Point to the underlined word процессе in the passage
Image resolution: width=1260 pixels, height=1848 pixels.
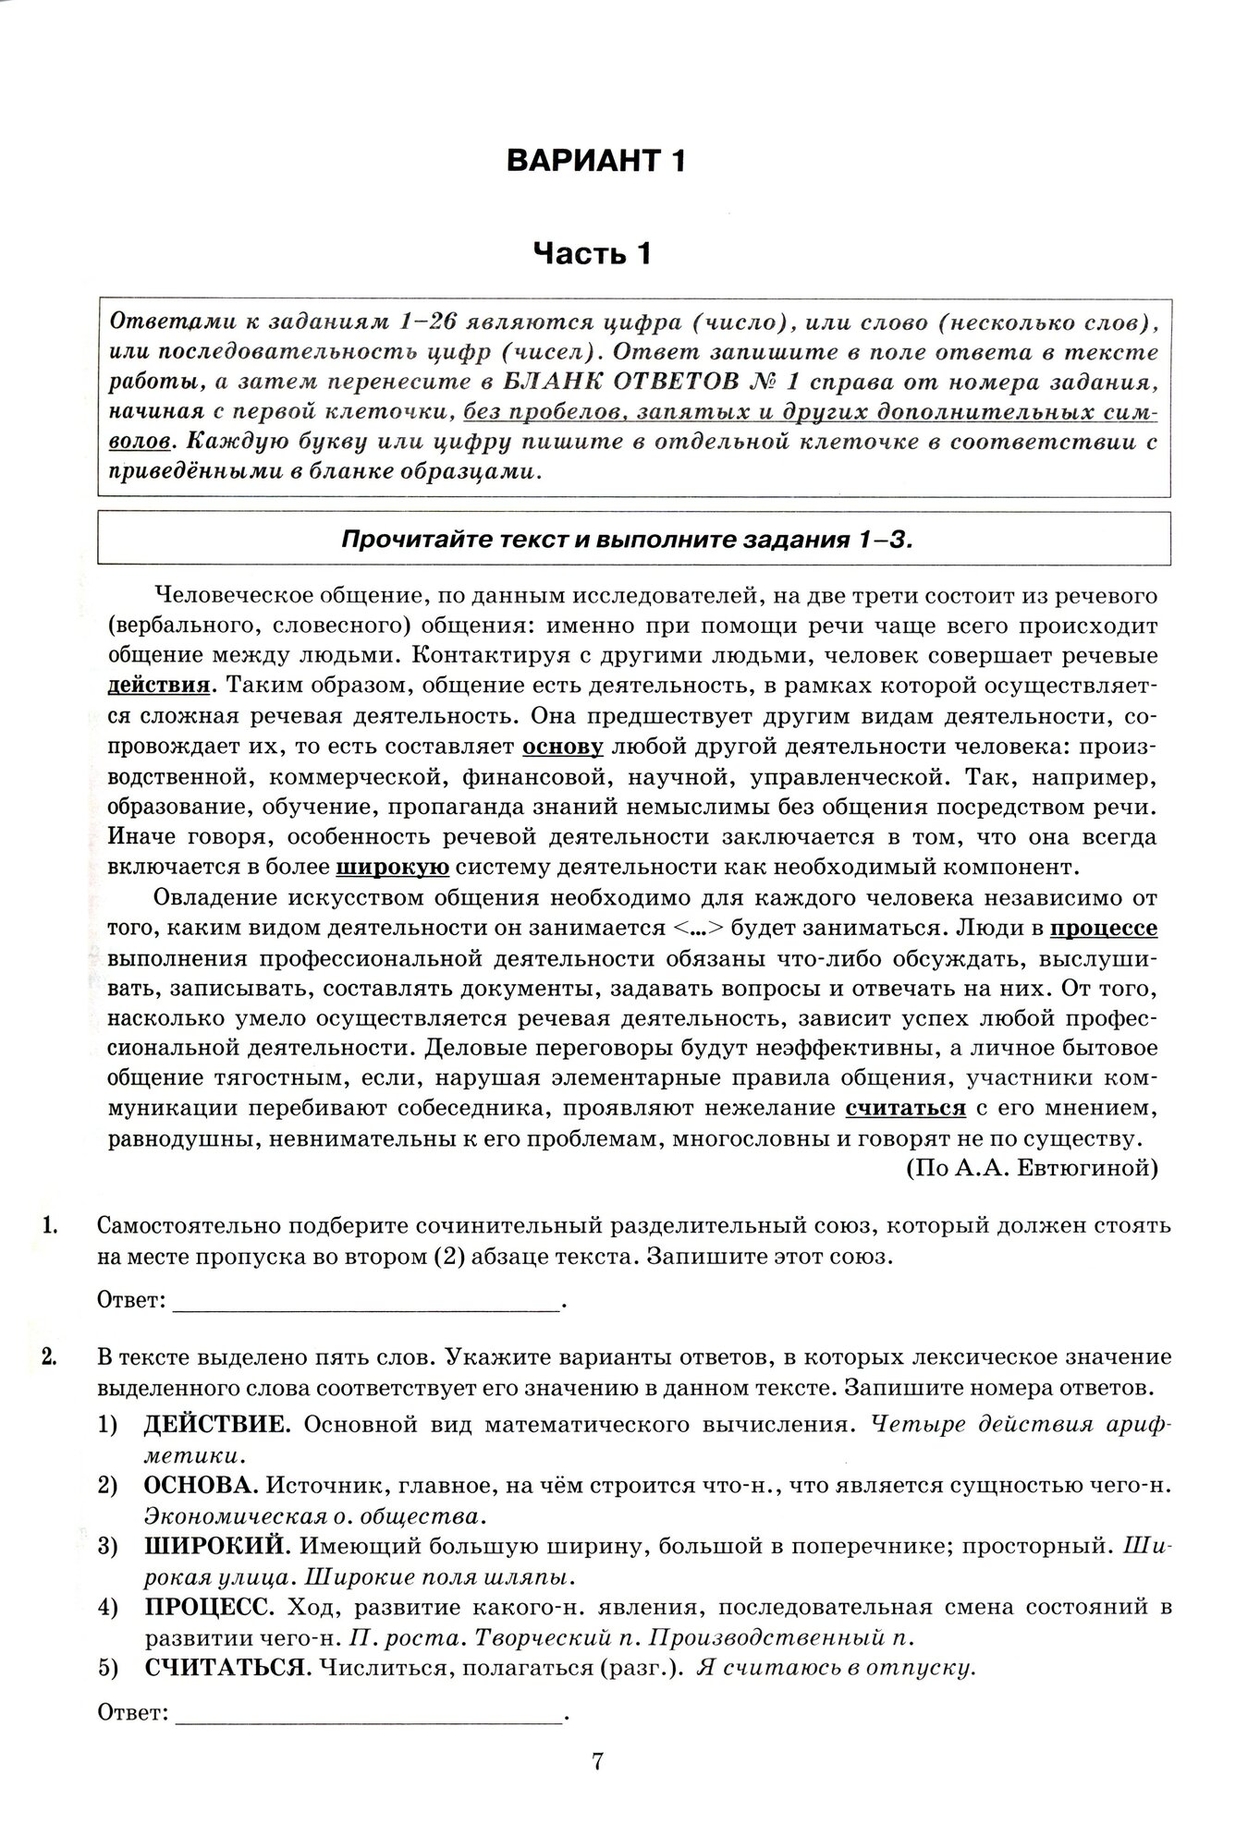tap(1106, 928)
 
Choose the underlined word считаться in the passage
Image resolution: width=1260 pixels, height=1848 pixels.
tap(905, 1108)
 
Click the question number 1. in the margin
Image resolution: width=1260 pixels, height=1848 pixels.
tap(52, 1227)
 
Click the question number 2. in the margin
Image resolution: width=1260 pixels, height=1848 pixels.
tap(52, 1357)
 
